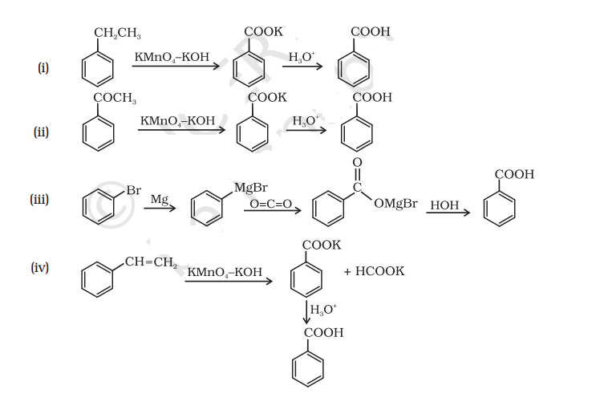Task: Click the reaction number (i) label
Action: click(43, 67)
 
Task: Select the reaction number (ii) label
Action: click(43, 132)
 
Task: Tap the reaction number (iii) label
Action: click(41, 199)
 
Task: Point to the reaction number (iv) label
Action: click(40, 267)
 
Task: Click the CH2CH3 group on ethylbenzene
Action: click(117, 33)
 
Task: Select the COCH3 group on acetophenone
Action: click(115, 98)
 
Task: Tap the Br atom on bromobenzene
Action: click(133, 191)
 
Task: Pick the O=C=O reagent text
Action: click(270, 205)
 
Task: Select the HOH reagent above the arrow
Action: click(444, 205)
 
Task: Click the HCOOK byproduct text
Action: click(374, 271)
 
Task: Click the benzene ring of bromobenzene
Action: click(98, 209)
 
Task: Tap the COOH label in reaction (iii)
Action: click(513, 174)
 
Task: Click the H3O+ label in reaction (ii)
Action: click(306, 121)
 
